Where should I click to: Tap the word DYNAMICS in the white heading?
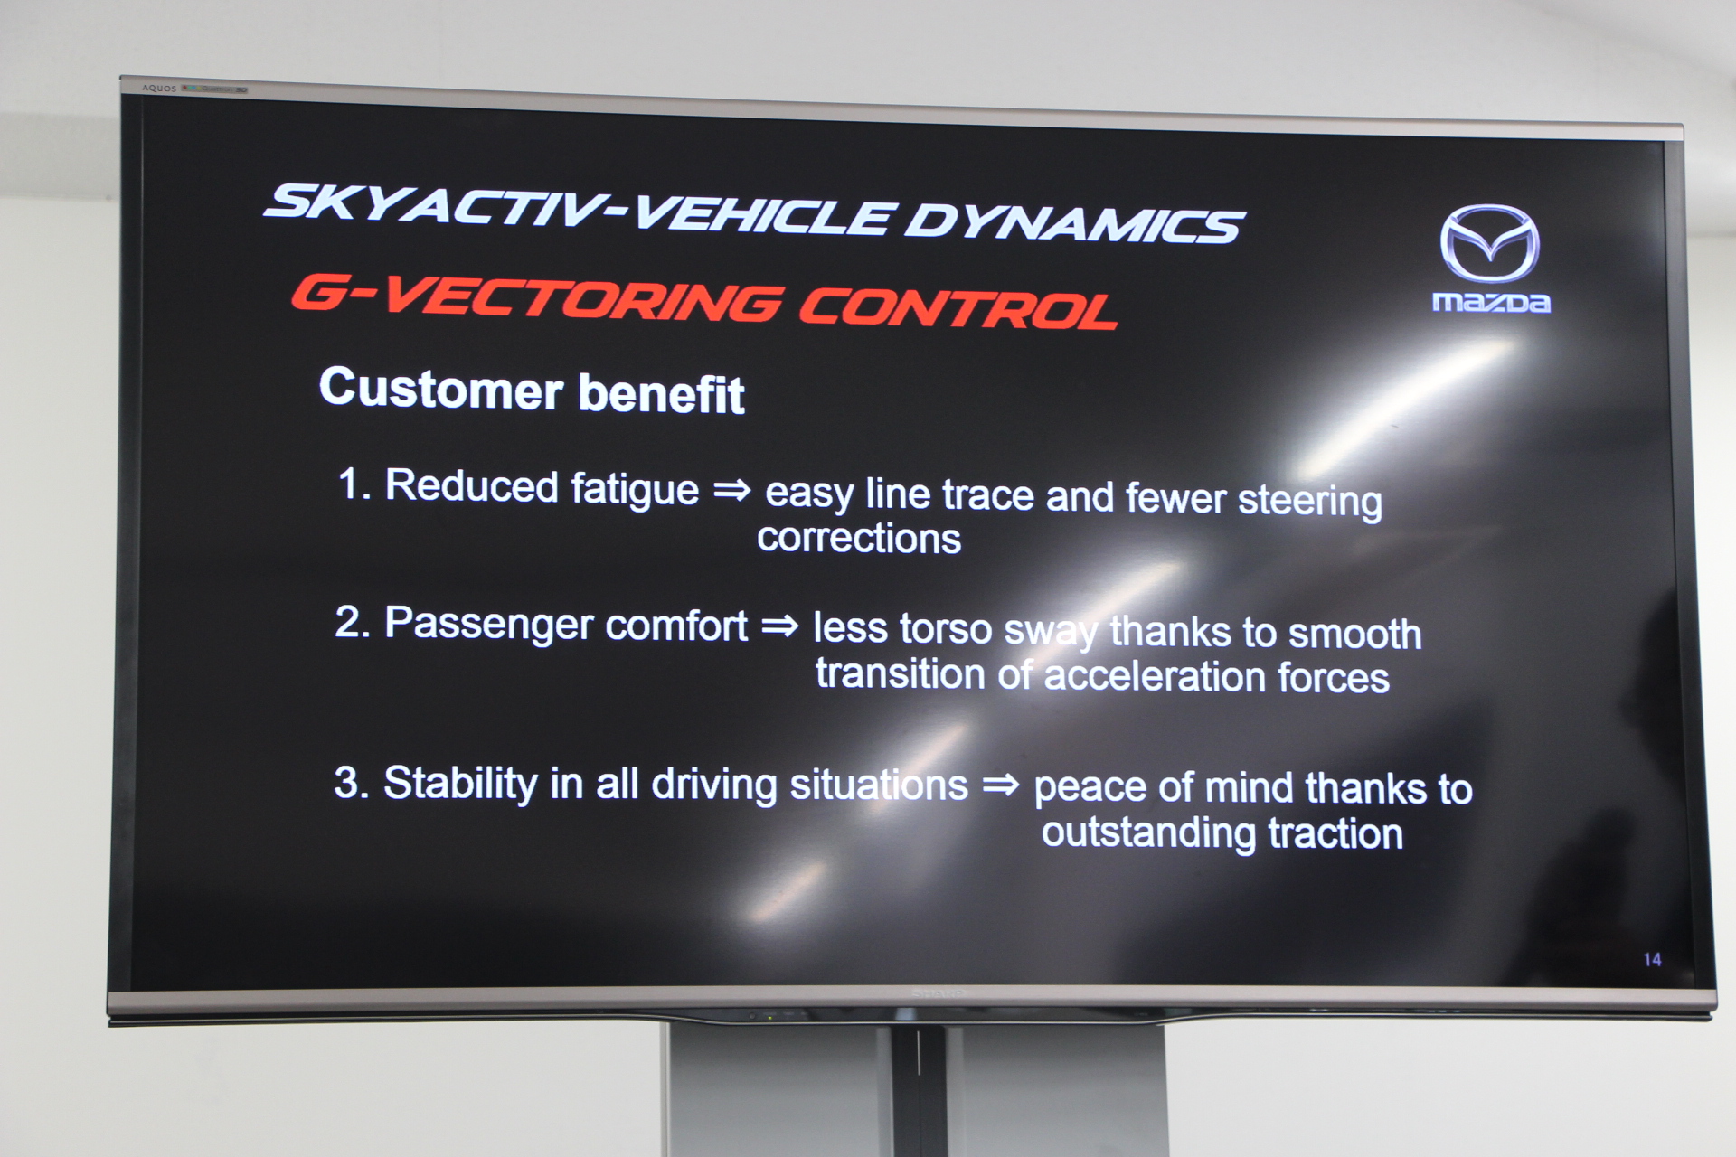pos(1075,222)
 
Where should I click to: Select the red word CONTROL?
pos(958,307)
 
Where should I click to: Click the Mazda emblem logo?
pos(1489,244)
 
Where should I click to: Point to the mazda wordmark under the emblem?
pos(1491,302)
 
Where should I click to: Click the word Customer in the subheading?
pos(441,390)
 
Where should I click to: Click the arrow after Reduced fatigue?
pos(732,490)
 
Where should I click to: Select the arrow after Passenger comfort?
pos(780,626)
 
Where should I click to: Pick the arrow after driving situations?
pos(1001,784)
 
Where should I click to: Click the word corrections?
pos(859,538)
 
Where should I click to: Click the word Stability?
pos(460,783)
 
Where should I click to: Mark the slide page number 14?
pos(1652,960)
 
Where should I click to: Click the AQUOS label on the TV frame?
pos(159,89)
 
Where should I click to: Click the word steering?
pos(1310,502)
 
